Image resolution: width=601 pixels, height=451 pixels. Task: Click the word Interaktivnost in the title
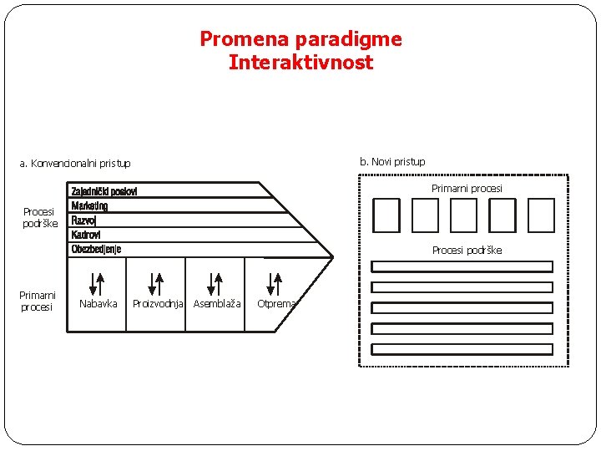[x=300, y=63]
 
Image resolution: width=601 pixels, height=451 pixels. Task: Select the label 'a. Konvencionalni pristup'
[x=75, y=164]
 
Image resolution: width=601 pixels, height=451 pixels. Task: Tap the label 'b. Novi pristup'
[x=392, y=161]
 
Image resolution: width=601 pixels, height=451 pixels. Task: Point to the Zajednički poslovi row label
[x=104, y=191]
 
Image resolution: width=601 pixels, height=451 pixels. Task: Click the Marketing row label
[x=89, y=206]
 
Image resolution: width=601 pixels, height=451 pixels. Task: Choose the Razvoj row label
[x=83, y=220]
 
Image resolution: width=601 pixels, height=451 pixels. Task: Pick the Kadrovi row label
[x=86, y=235]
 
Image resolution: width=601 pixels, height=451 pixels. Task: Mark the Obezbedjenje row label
[x=96, y=249]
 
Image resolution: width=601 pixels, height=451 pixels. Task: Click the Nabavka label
[x=98, y=304]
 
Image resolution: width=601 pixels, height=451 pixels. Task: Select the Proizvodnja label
[x=158, y=304]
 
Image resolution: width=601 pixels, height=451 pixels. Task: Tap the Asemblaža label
[x=217, y=304]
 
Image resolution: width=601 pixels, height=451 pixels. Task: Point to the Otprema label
[x=276, y=304]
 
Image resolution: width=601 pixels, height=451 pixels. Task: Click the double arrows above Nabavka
[x=97, y=283]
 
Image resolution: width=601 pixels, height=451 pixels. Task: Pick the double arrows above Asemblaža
[x=215, y=283]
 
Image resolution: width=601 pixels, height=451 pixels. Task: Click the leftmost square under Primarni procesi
[x=386, y=215]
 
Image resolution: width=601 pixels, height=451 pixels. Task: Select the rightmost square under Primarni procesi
[x=541, y=215]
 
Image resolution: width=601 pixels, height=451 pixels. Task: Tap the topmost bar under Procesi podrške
[x=462, y=266]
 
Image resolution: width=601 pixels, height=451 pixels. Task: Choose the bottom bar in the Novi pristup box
[x=462, y=349]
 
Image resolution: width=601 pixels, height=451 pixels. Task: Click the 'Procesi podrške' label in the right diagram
[x=467, y=251]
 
